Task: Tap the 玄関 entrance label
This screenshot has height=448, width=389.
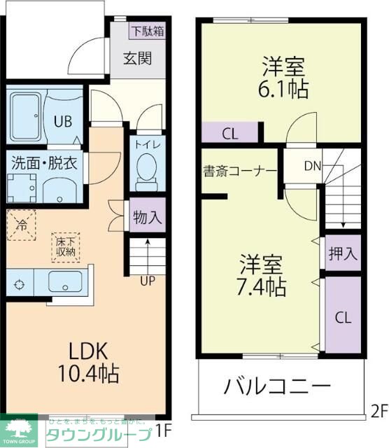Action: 138,59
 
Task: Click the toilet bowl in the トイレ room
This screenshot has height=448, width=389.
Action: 146,169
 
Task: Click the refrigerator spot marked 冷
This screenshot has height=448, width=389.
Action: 22,225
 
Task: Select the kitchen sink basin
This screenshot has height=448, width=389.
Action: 64,284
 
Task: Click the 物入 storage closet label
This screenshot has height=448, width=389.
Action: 147,217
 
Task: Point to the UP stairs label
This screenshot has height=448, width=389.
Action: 148,281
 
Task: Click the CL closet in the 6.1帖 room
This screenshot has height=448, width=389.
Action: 229,133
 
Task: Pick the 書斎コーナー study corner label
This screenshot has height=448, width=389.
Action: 240,170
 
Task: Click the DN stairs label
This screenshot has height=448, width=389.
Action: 313,167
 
